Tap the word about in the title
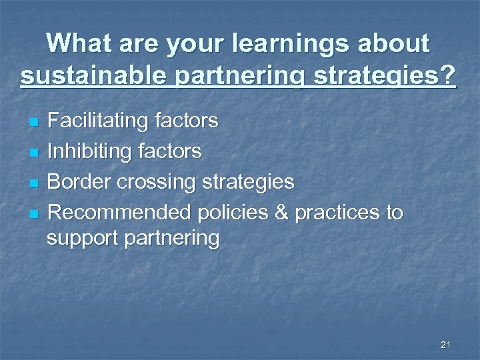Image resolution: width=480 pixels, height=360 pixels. [x=394, y=44]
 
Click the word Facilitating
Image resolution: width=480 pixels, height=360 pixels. [x=98, y=121]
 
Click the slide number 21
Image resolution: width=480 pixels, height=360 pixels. [x=446, y=345]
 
